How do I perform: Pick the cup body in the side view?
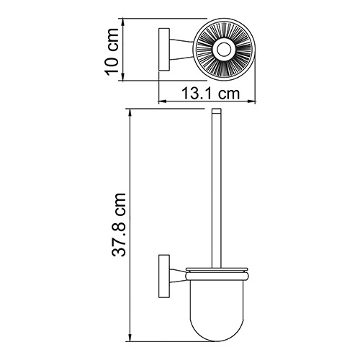[215, 306]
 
